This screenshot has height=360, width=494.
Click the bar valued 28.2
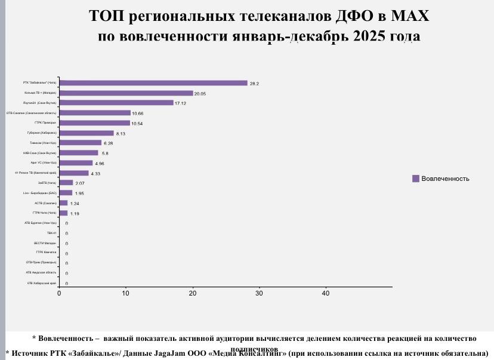[x=153, y=83]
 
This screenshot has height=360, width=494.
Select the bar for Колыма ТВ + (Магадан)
[x=126, y=93]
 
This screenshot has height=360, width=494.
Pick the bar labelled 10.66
[x=95, y=113]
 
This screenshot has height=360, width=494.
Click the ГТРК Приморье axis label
[x=45, y=122]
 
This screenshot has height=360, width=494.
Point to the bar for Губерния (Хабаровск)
[x=87, y=133]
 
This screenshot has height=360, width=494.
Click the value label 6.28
[x=108, y=143]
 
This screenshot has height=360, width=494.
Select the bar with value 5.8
[x=79, y=153]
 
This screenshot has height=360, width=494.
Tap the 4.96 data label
[x=100, y=163]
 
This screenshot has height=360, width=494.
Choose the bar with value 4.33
[x=73, y=173]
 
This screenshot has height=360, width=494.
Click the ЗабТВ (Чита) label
[x=47, y=183]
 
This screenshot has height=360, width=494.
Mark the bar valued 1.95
[x=66, y=193]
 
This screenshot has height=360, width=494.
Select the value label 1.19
[x=75, y=213]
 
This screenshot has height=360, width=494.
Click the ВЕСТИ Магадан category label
[x=45, y=243]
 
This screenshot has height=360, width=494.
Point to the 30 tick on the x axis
[x=259, y=293]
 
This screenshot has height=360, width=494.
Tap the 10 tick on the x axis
[x=126, y=293]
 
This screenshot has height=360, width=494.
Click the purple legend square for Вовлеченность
[x=415, y=179]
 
